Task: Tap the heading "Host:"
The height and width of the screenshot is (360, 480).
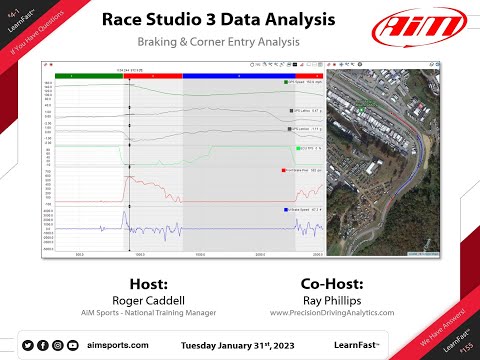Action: [155, 283]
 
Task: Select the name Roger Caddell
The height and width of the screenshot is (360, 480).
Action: [155, 299]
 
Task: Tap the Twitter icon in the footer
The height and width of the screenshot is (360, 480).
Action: [29, 345]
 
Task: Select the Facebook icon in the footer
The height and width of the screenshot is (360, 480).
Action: [43, 345]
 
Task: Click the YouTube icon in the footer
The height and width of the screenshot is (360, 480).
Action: [72, 345]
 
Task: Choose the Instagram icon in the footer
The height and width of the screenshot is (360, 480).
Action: [58, 345]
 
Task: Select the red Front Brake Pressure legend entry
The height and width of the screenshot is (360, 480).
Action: [303, 171]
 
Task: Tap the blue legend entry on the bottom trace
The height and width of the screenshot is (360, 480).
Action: [303, 211]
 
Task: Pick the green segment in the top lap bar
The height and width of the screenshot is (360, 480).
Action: [89, 75]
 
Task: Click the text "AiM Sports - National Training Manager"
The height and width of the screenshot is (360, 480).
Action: [155, 312]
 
